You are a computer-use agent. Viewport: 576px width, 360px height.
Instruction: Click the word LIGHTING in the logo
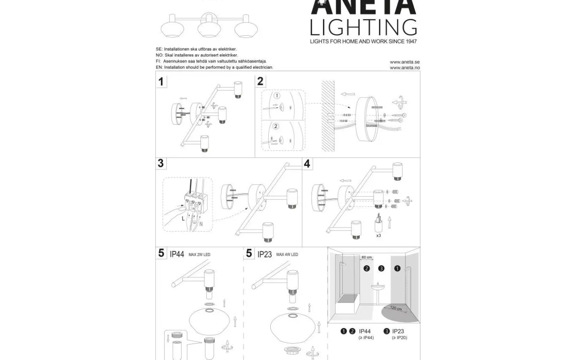[x=363, y=27]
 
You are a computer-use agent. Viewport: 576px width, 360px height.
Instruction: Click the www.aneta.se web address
[x=404, y=62]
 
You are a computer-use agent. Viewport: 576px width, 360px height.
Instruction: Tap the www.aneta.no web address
[x=404, y=68]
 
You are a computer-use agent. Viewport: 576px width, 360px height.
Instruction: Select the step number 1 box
[x=161, y=81]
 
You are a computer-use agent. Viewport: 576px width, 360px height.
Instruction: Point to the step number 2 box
[x=260, y=81]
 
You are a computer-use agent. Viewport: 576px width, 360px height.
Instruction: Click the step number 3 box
[x=161, y=163]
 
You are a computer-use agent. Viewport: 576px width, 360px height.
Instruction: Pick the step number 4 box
[x=307, y=164]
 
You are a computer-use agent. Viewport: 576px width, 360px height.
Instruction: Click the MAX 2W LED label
[x=199, y=255]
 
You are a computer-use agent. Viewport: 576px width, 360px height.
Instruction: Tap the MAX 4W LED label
[x=287, y=255]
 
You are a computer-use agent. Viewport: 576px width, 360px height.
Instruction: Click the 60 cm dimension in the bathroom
[x=366, y=258]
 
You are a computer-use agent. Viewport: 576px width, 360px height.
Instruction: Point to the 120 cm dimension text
[x=395, y=309]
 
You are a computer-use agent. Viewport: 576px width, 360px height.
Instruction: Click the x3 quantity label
[x=379, y=236]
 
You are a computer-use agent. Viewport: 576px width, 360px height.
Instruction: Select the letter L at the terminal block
[x=183, y=218]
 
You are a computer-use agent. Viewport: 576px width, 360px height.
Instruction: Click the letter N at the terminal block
[x=201, y=224]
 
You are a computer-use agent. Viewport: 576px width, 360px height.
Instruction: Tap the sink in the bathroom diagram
[x=378, y=286]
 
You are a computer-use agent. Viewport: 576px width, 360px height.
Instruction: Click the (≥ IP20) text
[x=399, y=338]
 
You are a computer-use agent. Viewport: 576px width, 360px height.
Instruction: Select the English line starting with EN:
[x=214, y=67]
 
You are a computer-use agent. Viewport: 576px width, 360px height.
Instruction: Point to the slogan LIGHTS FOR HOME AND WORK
[x=363, y=41]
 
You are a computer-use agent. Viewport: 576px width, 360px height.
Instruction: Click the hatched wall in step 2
[x=328, y=115]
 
